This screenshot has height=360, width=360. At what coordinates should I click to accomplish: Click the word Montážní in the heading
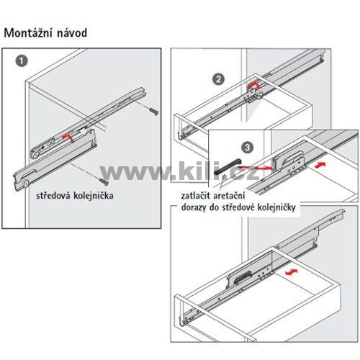coord(28,33)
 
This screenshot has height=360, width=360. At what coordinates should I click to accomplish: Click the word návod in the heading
coord(72,33)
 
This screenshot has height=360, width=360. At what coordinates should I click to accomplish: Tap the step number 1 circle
coord(22,61)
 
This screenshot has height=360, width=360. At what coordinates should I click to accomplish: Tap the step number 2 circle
coord(218,79)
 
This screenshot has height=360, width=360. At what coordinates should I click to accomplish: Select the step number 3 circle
coord(247,148)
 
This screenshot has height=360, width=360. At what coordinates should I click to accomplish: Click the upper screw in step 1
coord(153,111)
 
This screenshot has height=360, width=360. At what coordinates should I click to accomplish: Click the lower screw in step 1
coord(104,181)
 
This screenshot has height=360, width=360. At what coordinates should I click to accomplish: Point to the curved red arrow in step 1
coord(68,137)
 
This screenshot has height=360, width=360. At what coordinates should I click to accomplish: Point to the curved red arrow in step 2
coord(253,86)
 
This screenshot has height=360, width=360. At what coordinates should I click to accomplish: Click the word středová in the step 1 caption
coord(53,196)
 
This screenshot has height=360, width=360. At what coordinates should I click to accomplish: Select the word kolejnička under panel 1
coord(94,196)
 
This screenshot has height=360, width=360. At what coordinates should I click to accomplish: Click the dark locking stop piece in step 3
coord(226,166)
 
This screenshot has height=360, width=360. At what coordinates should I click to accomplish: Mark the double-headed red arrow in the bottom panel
coord(291,272)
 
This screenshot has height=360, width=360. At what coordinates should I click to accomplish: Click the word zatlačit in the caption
coord(195,196)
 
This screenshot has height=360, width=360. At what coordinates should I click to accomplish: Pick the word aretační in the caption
coord(229,196)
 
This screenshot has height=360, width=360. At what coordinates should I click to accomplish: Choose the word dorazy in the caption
coord(194,207)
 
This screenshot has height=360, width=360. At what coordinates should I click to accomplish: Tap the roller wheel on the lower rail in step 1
coord(26,184)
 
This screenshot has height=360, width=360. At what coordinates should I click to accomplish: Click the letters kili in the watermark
coord(199,171)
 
